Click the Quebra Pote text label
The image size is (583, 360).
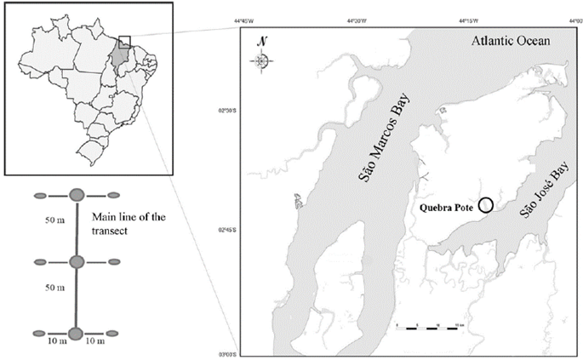pyautogui.click(x=447, y=206)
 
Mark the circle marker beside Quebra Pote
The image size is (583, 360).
pyautogui.click(x=485, y=204)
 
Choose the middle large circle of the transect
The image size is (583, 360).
pyautogui.click(x=76, y=262)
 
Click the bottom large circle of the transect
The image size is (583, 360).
pyautogui.click(x=76, y=333)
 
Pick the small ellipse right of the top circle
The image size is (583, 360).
pyautogui.click(x=112, y=196)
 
